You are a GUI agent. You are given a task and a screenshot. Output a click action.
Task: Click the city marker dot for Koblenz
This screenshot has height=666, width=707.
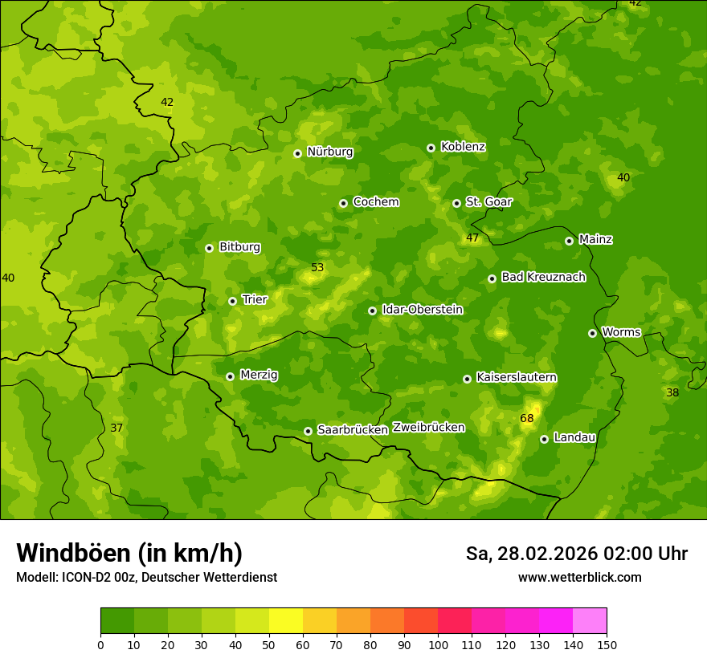pyautogui.click(x=431, y=148)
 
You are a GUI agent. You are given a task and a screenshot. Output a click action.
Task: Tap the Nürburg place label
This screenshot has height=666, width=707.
pyautogui.click(x=329, y=152)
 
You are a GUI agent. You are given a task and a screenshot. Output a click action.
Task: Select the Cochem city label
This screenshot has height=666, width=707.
pyautogui.click(x=375, y=202)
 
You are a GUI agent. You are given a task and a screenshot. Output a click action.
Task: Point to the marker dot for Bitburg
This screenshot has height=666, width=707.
pyautogui.click(x=209, y=248)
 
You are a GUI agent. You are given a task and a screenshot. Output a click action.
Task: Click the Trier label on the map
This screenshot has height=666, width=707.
pyautogui.click(x=254, y=300)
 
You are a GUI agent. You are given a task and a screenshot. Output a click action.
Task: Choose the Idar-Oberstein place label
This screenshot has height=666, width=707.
pyautogui.click(x=422, y=310)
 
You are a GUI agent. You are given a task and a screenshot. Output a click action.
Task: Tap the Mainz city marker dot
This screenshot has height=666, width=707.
pyautogui.click(x=569, y=241)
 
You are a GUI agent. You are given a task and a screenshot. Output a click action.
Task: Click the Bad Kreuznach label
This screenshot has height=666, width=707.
pyautogui.click(x=543, y=278)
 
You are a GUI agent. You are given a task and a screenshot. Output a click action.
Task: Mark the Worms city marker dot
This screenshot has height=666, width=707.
pyautogui.click(x=592, y=333)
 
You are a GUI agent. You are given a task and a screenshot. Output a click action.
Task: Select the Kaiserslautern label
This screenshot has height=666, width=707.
pyautogui.click(x=516, y=378)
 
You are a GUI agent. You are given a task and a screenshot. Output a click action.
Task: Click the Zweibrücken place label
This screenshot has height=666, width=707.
pyautogui.click(x=428, y=428)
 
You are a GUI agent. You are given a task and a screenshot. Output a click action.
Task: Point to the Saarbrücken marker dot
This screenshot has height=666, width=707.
pyautogui.click(x=308, y=431)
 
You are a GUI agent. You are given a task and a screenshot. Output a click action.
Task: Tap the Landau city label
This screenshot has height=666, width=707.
pyautogui.click(x=574, y=438)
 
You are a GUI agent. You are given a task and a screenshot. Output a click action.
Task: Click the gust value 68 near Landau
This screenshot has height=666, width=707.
pyautogui.click(x=527, y=419)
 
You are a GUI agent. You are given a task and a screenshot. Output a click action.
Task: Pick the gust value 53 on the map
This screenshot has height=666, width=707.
pyautogui.click(x=317, y=268)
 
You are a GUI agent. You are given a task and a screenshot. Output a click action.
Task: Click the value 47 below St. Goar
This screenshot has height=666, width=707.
pyautogui.click(x=472, y=238)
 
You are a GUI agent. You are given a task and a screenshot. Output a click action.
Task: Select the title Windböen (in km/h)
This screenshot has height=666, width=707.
pyautogui.click(x=129, y=553)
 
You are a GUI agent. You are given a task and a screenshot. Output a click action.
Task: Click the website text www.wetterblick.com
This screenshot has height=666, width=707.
pyautogui.click(x=579, y=578)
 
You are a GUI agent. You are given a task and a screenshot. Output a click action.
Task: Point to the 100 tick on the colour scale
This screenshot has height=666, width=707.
pyautogui.click(x=438, y=644)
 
